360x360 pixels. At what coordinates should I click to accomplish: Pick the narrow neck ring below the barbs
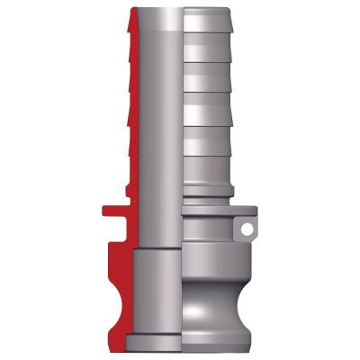click(x=209, y=193)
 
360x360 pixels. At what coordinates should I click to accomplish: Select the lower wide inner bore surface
click(x=157, y=297)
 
